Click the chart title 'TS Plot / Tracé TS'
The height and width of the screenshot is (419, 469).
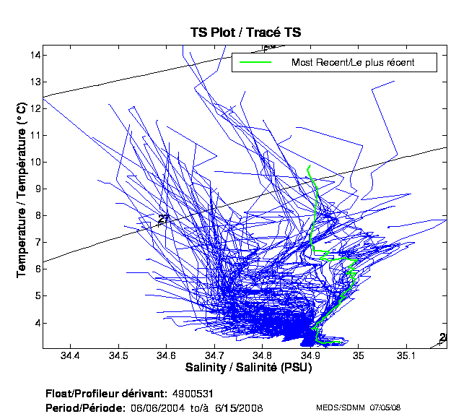point(245,33)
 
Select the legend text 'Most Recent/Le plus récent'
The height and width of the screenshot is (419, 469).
point(353,63)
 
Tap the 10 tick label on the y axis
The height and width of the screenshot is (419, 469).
point(35,162)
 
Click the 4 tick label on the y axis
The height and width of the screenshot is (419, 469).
point(37,322)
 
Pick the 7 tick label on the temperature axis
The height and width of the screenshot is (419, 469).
point(37,242)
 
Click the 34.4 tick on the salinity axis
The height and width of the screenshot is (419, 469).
point(70,355)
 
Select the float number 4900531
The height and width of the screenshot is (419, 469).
point(192,393)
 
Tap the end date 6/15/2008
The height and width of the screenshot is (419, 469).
point(239,407)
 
